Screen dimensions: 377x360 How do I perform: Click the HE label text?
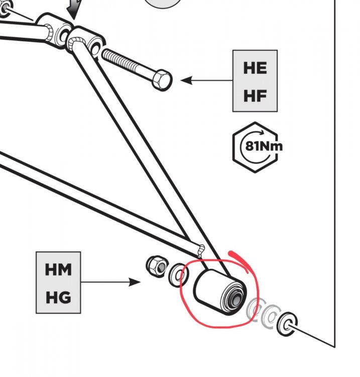pyautogui.click(x=255, y=68)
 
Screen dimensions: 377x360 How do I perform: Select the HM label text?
pyautogui.click(x=58, y=270)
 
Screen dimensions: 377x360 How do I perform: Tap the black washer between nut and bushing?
pyautogui.click(x=177, y=275)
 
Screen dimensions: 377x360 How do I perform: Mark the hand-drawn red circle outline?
pyautogui.click(x=184, y=302)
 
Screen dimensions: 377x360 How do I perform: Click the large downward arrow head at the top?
pyautogui.click(x=73, y=12)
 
